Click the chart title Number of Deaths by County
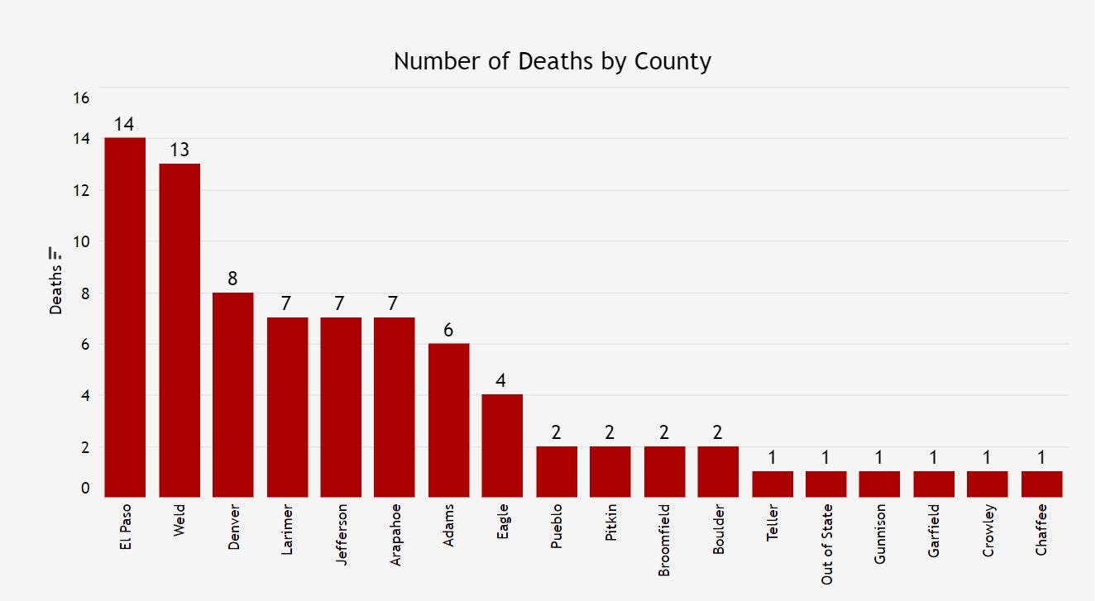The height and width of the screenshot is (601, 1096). [552, 61]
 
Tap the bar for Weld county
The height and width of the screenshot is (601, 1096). [179, 330]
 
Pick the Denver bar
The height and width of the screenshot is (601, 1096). [233, 394]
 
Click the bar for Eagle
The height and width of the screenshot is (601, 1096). [502, 446]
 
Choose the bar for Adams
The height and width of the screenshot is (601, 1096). [448, 420]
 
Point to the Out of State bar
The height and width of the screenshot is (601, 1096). [826, 484]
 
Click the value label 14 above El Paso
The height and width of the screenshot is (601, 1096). [125, 125]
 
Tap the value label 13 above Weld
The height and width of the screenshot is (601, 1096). [179, 150]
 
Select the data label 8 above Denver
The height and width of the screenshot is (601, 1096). [233, 279]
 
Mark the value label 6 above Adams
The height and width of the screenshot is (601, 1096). [448, 330]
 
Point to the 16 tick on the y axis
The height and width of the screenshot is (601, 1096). [81, 98]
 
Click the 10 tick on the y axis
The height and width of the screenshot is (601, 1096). [81, 242]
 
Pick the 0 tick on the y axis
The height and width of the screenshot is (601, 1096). [84, 489]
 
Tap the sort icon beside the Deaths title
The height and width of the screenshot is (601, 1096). [56, 252]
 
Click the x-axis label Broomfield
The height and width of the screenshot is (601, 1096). [664, 540]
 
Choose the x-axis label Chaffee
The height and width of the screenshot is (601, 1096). [1041, 529]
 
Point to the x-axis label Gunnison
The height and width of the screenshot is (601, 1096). [879, 533]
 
